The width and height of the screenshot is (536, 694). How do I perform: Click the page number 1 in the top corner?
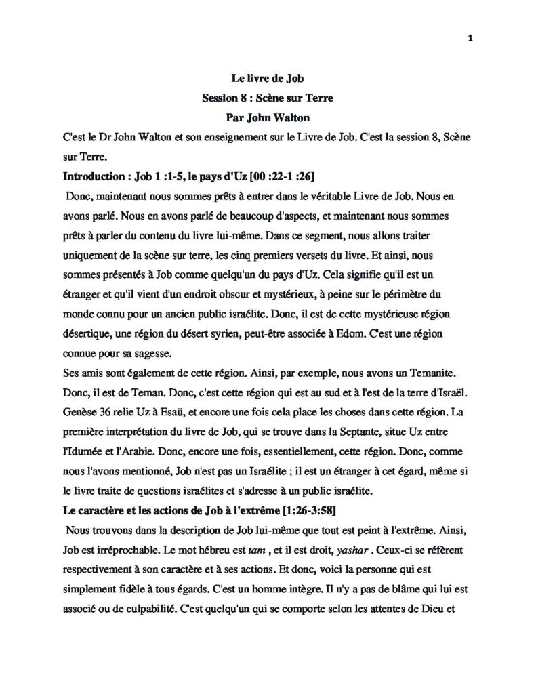pyautogui.click(x=470, y=37)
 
